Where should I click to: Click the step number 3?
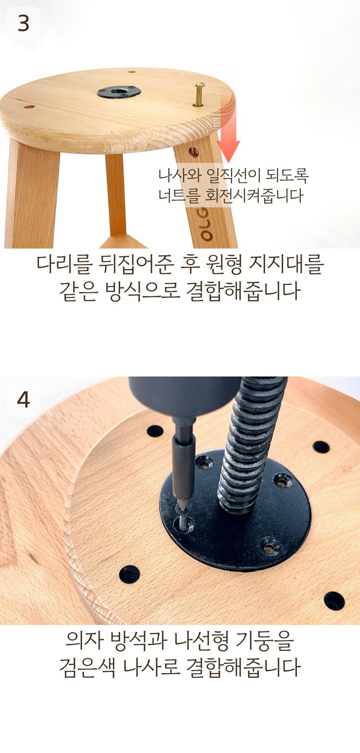[x=23, y=23]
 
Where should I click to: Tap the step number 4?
[x=23, y=400]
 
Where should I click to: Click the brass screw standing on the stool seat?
[x=199, y=95]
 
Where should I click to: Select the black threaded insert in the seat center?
[x=119, y=92]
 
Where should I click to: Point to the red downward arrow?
[x=228, y=128]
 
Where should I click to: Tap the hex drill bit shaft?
[x=183, y=469]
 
